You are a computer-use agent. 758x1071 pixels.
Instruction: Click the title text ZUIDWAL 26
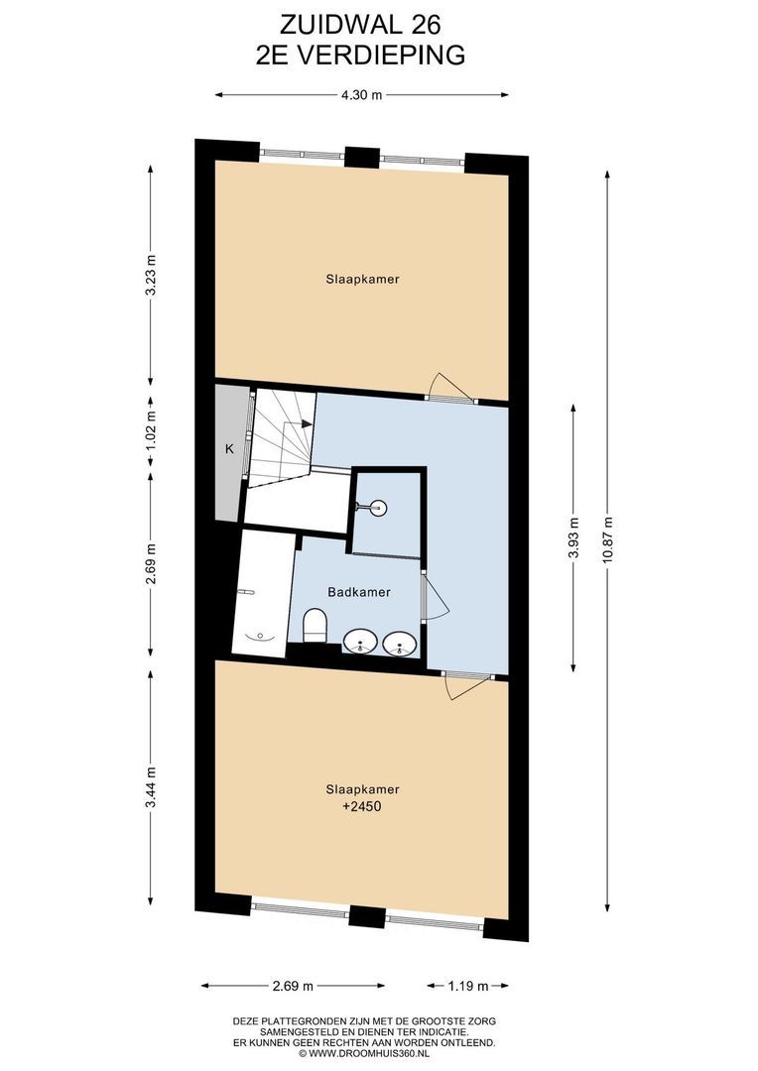pos(360,25)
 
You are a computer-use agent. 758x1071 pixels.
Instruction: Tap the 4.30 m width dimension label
pos(361,95)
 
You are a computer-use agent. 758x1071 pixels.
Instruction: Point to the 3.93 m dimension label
pos(574,536)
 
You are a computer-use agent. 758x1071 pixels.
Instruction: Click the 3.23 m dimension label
pos(152,276)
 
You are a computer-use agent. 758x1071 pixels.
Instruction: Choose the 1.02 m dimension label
pos(152,426)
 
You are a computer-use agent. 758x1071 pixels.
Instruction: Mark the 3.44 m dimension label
pos(152,786)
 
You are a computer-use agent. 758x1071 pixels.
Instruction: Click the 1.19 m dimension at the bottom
pos(468,986)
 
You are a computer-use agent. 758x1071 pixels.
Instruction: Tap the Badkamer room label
pos(359,592)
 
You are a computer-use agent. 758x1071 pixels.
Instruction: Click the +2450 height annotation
pos(361,806)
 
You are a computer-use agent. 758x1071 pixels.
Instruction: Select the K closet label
pos(229,449)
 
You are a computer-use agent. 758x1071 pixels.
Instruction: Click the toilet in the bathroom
pos(316,625)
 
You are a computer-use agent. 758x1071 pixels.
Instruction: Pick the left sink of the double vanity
pos(360,642)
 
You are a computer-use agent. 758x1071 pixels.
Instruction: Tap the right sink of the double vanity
pos(400,644)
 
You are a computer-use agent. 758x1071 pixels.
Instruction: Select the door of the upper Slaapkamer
pos(448,387)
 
